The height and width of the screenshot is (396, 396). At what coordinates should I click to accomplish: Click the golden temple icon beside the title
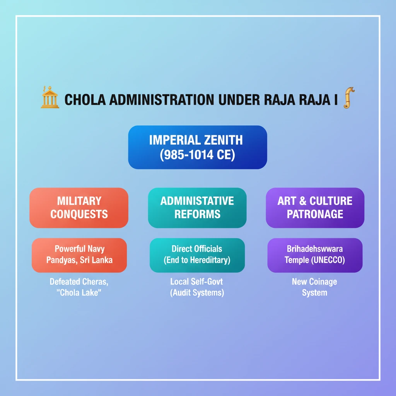pyautogui.click(x=50, y=97)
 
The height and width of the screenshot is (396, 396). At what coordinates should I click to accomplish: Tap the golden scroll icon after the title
pyautogui.click(x=349, y=98)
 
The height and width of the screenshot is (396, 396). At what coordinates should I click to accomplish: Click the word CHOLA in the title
pyautogui.click(x=85, y=100)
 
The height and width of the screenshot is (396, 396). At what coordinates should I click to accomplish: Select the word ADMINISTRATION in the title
pyautogui.click(x=162, y=100)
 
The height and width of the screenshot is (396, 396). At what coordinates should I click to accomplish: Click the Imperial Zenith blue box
pyautogui.click(x=198, y=147)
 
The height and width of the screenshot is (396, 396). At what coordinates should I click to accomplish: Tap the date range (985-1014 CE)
pyautogui.click(x=198, y=155)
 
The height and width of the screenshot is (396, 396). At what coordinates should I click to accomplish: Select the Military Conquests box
pyautogui.click(x=79, y=208)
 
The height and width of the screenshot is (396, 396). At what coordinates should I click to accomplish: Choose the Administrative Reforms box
pyautogui.click(x=197, y=208)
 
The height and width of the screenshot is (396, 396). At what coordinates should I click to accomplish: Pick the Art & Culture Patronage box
pyautogui.click(x=315, y=208)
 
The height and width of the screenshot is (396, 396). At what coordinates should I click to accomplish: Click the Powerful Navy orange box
pyautogui.click(x=79, y=255)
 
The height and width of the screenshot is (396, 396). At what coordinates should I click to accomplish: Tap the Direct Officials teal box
pyautogui.click(x=197, y=255)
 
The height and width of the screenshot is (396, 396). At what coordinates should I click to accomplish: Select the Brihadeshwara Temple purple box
pyautogui.click(x=315, y=255)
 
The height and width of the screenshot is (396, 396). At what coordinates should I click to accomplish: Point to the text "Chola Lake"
pyautogui.click(x=79, y=293)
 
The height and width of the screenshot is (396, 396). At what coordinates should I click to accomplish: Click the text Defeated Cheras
pyautogui.click(x=79, y=282)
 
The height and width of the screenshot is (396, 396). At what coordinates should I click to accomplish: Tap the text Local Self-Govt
pyautogui.click(x=197, y=282)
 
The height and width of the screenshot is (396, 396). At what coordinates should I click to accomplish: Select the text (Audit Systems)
pyautogui.click(x=197, y=293)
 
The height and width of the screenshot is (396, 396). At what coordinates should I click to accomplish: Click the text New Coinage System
pyautogui.click(x=314, y=287)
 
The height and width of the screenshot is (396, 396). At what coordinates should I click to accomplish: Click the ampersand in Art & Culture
pyautogui.click(x=302, y=201)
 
